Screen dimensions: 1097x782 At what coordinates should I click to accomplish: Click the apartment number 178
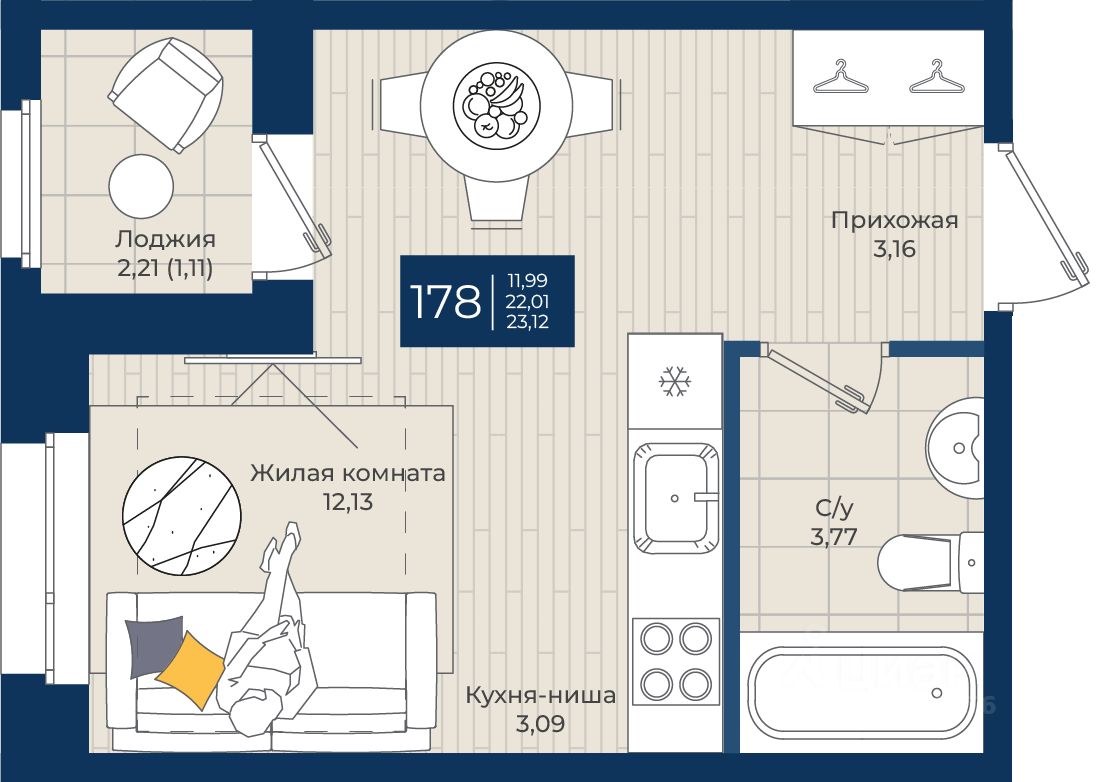click(445, 301)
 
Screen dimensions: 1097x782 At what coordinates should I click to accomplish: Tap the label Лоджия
click(165, 239)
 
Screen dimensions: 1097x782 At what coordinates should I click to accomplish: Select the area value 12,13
click(347, 502)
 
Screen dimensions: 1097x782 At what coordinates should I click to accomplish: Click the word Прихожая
click(894, 220)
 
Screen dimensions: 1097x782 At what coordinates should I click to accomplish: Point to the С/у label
click(834, 508)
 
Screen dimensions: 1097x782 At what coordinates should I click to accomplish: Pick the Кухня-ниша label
click(541, 695)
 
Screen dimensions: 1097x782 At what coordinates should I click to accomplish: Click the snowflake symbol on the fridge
click(674, 381)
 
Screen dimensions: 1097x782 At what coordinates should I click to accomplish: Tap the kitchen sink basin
click(675, 498)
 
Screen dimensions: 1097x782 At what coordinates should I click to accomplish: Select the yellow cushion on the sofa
click(190, 669)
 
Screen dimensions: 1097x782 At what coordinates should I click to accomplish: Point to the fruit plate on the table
click(496, 106)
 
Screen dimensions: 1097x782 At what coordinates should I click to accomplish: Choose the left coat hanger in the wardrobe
click(840, 77)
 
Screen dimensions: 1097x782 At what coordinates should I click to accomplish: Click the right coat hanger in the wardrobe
click(937, 77)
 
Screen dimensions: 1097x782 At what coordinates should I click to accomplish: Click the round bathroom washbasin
click(955, 448)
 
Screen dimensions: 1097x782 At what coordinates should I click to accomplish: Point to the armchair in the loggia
click(166, 94)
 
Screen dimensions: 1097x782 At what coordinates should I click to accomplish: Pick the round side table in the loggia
click(141, 186)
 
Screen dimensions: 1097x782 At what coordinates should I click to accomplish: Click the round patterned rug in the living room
click(181, 516)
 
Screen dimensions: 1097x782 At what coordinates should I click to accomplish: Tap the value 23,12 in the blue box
click(528, 322)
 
